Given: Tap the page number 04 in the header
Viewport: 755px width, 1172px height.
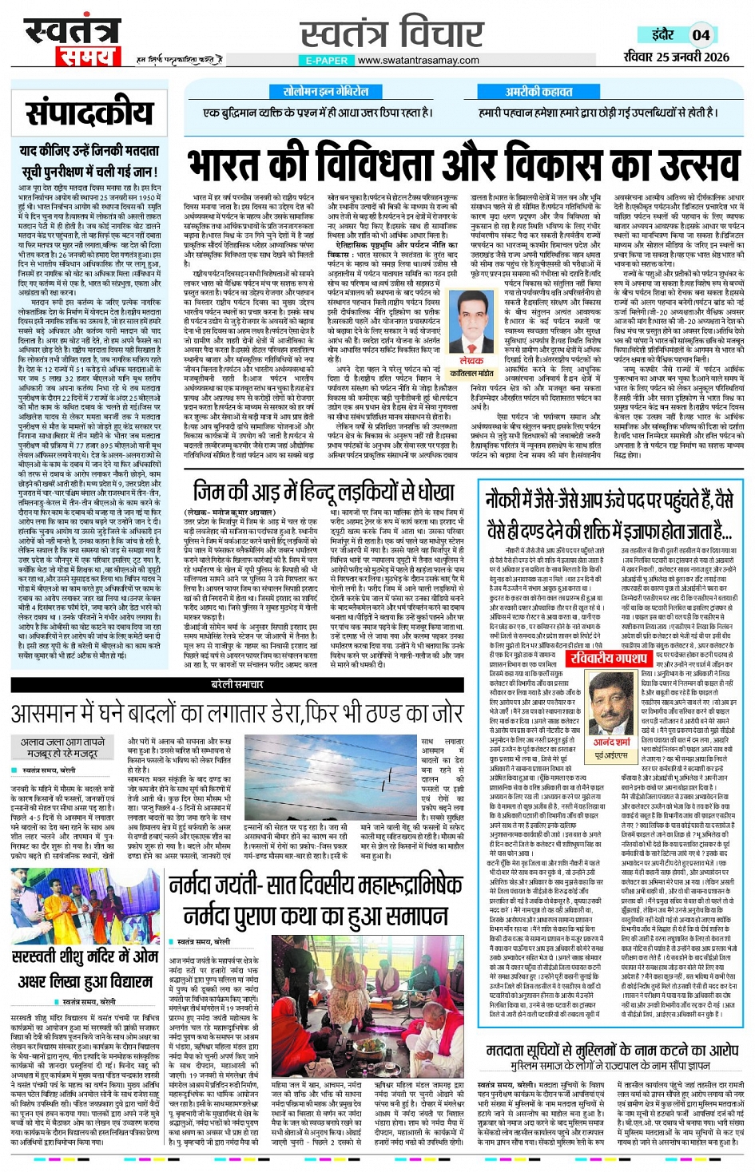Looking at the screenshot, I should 701,34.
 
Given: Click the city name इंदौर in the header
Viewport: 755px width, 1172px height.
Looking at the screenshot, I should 662,34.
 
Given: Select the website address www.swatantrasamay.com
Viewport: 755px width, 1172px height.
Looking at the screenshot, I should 419,61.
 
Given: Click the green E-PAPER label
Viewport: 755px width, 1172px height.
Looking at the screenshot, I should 327,61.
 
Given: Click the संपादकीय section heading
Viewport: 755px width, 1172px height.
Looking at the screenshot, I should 89,113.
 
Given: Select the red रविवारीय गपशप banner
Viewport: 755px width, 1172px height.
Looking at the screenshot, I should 609,657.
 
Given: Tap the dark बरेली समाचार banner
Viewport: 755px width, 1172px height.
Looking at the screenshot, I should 237,685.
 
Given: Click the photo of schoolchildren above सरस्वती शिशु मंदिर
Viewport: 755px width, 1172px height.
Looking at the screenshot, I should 86,905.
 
